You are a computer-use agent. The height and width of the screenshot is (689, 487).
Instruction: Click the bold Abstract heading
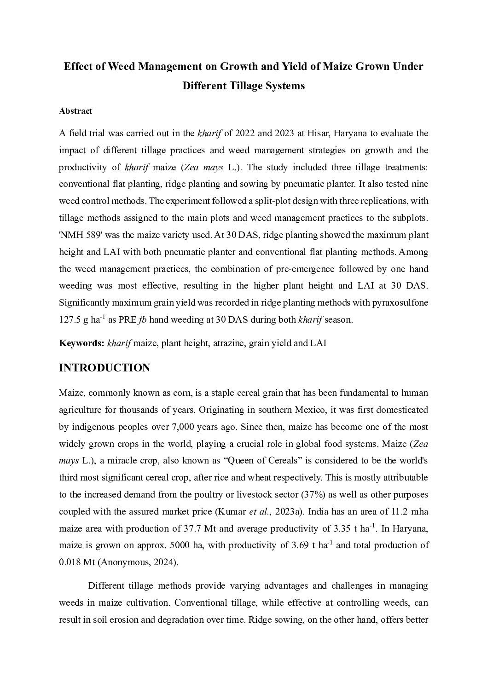[75, 111]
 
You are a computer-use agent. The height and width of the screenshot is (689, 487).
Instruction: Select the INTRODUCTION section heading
[104, 368]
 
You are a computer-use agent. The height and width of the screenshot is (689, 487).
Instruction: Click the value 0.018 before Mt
[70, 562]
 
